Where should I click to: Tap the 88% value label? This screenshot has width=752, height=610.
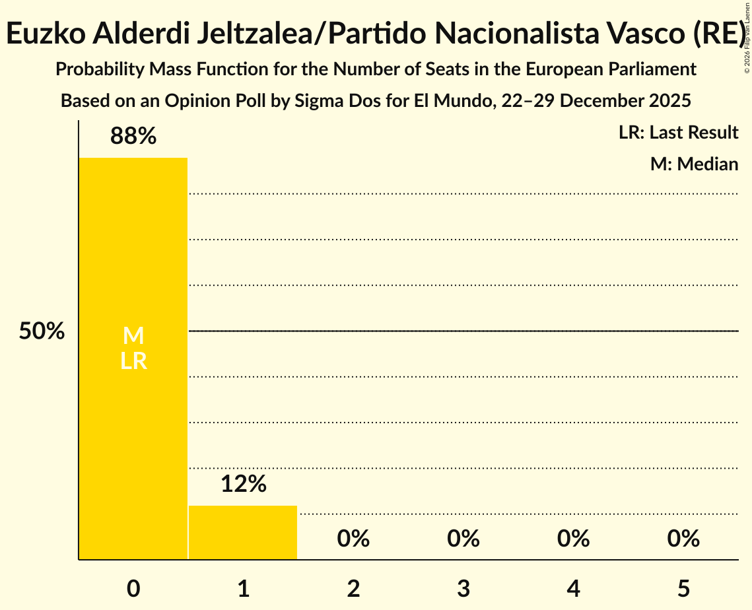(x=133, y=137)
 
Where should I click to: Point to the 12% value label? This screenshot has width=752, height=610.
(x=243, y=485)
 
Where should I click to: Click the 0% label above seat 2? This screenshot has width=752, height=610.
(x=353, y=539)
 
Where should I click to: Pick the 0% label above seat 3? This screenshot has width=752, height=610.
(x=463, y=539)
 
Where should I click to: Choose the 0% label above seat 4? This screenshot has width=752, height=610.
(x=573, y=539)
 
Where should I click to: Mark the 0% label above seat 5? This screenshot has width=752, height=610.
(x=683, y=539)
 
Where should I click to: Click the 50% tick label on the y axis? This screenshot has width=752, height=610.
(x=42, y=331)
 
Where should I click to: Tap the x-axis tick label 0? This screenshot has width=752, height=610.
(x=133, y=588)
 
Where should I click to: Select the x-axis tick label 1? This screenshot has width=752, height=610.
(x=243, y=588)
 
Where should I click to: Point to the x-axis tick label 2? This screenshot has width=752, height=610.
(x=353, y=588)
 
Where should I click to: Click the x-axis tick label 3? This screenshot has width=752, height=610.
(x=463, y=588)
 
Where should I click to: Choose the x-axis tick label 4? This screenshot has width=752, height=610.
(x=573, y=588)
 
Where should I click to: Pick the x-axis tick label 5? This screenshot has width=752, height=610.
(x=683, y=588)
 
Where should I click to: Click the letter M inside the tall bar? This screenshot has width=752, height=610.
(x=133, y=336)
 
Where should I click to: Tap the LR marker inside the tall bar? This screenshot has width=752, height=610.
(x=133, y=362)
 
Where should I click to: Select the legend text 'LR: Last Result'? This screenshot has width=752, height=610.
(x=678, y=133)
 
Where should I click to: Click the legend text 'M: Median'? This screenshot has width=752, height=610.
(x=694, y=164)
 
